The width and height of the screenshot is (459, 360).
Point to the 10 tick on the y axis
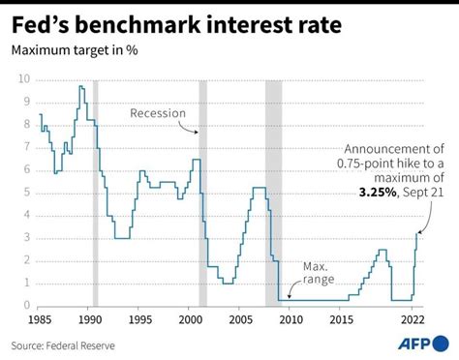[24, 78]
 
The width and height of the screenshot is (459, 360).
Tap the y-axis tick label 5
[26, 192]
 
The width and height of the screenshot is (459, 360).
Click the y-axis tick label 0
[26, 305]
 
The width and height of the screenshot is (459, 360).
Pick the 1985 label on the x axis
[40, 318]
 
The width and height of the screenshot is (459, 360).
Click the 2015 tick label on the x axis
[341, 318]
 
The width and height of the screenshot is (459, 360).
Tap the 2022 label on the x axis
[412, 318]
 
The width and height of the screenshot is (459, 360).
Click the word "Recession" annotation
[157, 113]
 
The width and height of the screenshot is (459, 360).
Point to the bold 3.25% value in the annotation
[371, 193]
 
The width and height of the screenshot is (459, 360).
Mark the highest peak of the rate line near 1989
[81, 86]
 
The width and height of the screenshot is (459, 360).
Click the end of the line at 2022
[418, 232]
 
